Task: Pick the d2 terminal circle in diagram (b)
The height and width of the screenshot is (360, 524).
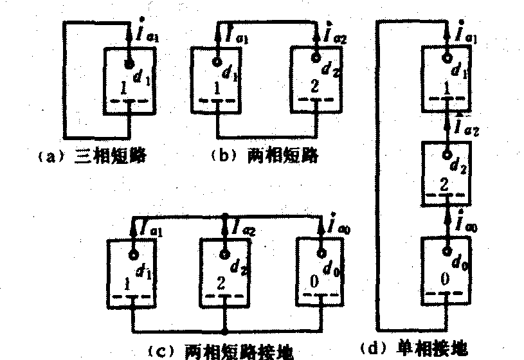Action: coord(315,59)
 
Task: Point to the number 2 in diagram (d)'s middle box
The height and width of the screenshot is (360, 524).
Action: coord(443,186)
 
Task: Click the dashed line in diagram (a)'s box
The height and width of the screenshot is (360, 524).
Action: coord(129,101)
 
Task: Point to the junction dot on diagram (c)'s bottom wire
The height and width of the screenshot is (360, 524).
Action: coord(223,332)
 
